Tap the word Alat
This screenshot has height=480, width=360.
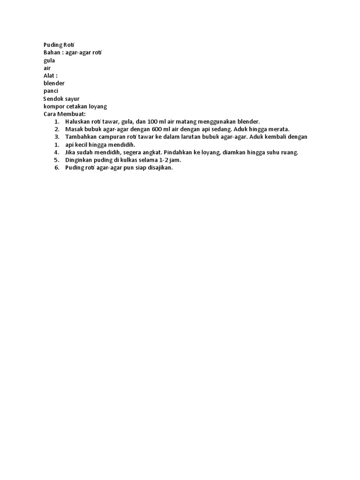[x=50, y=75]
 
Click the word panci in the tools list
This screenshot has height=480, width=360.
[x=51, y=91]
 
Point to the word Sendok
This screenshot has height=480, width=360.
[x=54, y=98]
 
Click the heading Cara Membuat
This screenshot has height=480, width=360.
[x=65, y=114]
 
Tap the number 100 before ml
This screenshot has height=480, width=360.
[x=154, y=121]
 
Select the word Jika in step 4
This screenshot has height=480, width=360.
[x=71, y=152]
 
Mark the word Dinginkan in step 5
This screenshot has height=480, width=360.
[x=81, y=160]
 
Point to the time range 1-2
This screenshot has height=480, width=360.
[x=161, y=160]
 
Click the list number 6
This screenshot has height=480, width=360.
[x=56, y=168]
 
